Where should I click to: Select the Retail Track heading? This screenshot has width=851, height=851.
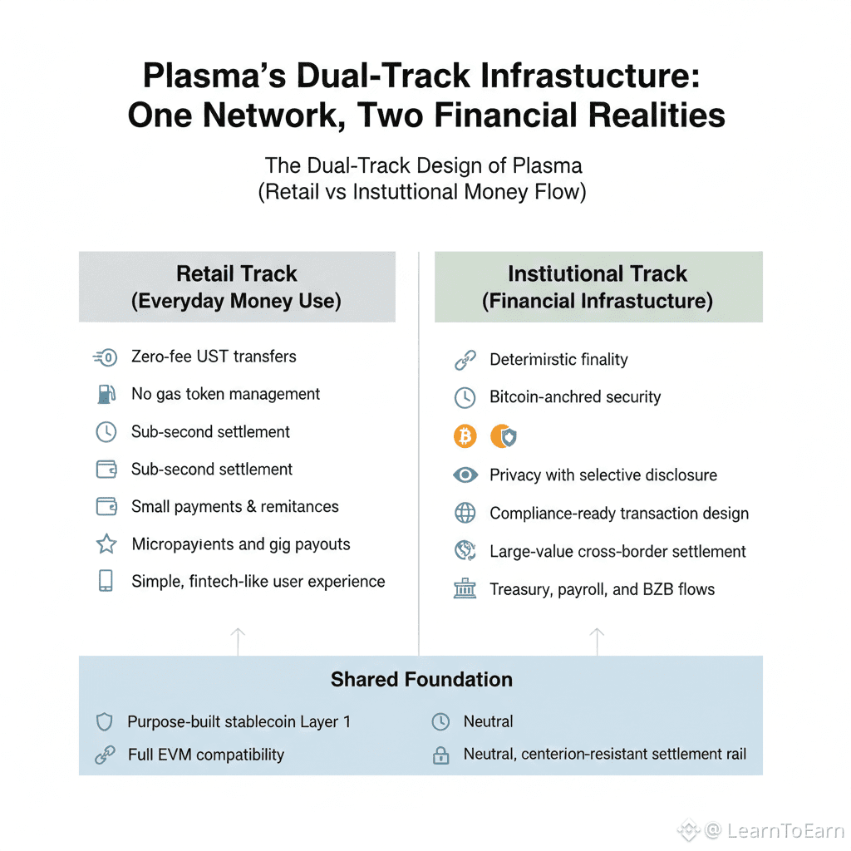pos(237,274)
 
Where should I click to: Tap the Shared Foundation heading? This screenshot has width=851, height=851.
pos(421,679)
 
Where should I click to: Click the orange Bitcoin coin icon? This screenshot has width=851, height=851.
pos(465,435)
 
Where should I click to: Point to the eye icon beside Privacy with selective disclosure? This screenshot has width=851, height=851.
pos(465,475)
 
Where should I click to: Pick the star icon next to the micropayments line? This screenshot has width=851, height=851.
pos(106,544)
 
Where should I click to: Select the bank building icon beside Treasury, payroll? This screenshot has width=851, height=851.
pos(465,589)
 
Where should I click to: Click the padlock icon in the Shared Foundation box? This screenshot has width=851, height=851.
pos(440,755)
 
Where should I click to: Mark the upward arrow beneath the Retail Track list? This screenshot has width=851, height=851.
pos(238,641)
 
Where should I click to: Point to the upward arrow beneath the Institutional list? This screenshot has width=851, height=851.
pos(597,641)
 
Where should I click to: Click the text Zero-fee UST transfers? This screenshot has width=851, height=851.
pos(214,357)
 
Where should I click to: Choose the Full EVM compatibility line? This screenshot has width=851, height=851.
pos(205,755)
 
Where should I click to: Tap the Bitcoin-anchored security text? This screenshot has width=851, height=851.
pos(575,397)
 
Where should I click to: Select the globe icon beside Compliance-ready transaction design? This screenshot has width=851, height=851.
pos(465,514)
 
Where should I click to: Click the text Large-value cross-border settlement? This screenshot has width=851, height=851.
pos(617,552)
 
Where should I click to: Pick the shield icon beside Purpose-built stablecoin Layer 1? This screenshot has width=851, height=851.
pos(105,721)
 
